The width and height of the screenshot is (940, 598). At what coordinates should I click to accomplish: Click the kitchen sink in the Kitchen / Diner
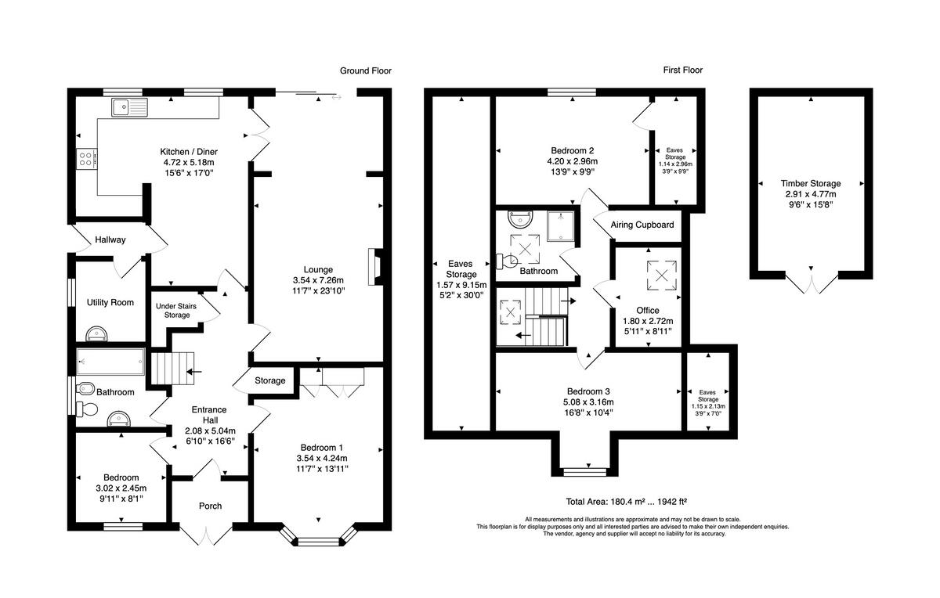tap(130, 107)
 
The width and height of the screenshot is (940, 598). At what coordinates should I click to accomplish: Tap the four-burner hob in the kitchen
tap(87, 159)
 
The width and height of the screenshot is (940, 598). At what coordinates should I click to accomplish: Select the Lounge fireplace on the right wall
tap(375, 267)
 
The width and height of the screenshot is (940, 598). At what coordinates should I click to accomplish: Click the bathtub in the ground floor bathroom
tap(110, 361)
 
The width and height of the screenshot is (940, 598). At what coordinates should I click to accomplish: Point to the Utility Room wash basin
tap(97, 333)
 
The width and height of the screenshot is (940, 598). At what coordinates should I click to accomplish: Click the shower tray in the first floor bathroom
tap(560, 226)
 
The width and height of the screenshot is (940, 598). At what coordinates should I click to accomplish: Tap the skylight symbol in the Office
tap(661, 276)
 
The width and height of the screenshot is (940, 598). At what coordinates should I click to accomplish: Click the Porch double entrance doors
tap(206, 533)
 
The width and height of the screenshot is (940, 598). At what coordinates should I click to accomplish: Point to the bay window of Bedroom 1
tap(319, 537)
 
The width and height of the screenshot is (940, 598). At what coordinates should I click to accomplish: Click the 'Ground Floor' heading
tap(366, 71)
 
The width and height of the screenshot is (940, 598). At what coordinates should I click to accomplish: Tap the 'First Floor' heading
tap(683, 70)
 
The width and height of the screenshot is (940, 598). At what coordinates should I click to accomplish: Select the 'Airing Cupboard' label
tap(642, 225)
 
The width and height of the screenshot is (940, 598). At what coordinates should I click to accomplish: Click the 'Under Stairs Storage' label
tap(176, 310)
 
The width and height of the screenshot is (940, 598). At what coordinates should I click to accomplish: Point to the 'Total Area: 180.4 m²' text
tap(602, 501)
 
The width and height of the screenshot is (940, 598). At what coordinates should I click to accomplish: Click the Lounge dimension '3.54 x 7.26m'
tap(318, 280)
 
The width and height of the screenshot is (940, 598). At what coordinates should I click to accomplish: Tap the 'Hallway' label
tap(110, 240)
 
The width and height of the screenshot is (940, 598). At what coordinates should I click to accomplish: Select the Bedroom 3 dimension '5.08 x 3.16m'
tap(588, 402)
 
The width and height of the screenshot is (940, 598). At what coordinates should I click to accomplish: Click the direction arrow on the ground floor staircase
tap(194, 372)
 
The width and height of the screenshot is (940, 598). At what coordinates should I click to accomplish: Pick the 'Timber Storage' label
tap(811, 183)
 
